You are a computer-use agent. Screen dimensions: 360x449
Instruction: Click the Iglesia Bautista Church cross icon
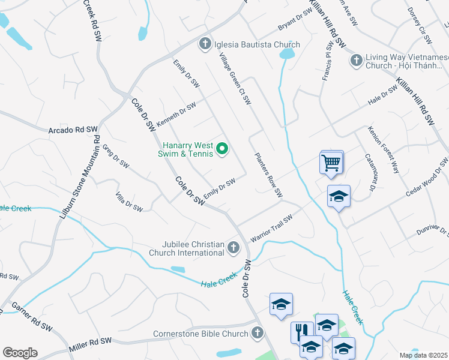205,44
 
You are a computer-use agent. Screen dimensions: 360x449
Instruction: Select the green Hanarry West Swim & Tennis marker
222,148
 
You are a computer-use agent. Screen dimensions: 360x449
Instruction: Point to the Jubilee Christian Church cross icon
233,247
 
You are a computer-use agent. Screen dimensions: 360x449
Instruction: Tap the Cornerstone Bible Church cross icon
258,332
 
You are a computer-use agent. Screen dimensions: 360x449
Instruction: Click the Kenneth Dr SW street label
176,114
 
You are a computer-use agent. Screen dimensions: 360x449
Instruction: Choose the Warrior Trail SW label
271,229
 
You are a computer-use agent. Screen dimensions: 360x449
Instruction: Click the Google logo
20,353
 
